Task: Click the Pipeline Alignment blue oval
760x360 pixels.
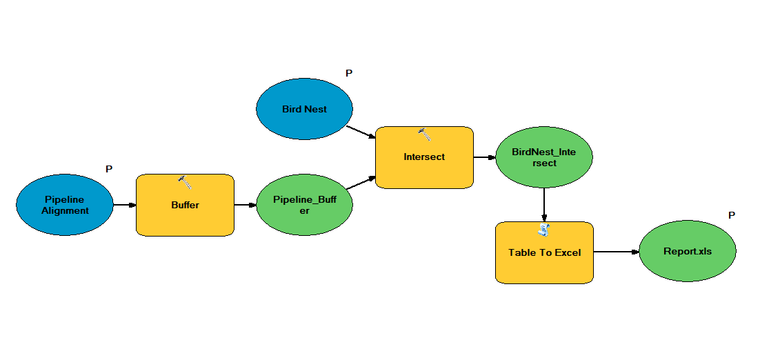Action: pos(64,205)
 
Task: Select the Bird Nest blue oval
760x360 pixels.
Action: pos(304,109)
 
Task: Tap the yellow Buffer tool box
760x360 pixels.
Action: pos(185,206)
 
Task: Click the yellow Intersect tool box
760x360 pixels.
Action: pos(424,157)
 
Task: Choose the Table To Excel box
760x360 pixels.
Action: pos(544,253)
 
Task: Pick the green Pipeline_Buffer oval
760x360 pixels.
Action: pos(304,205)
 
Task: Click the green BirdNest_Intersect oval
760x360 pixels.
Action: pos(544,157)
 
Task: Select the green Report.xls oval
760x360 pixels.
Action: pos(687,252)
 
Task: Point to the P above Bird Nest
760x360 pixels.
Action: pos(349,73)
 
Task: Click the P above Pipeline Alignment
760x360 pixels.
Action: pos(109,169)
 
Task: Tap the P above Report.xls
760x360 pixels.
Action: pos(732,216)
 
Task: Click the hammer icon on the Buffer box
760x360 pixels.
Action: pos(184,182)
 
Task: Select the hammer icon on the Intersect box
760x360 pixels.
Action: pos(424,134)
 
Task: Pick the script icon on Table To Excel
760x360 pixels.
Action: pos(544,230)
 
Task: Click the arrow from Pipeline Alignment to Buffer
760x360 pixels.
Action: pos(124,205)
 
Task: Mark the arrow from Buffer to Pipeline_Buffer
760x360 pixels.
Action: pos(245,205)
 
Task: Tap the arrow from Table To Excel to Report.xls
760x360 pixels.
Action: pos(616,252)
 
